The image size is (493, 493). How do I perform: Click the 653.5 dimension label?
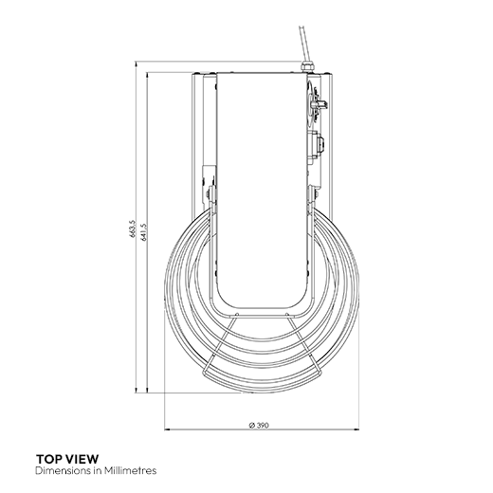136,228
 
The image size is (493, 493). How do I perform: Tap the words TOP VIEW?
67,458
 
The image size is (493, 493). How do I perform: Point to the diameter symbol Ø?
249,424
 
